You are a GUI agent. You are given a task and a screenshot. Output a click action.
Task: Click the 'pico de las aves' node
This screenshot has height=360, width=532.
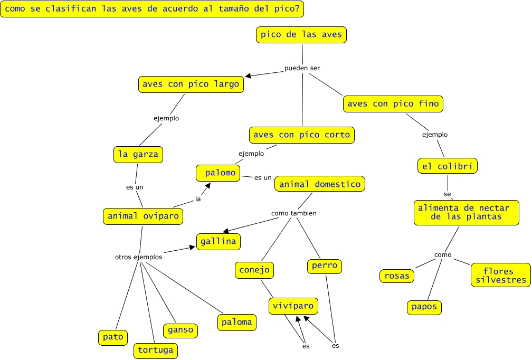(x=301, y=35)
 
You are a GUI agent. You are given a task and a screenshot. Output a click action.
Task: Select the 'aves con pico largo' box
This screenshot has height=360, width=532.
(x=191, y=84)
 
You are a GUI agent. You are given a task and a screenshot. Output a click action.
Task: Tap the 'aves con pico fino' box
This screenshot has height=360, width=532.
(x=393, y=103)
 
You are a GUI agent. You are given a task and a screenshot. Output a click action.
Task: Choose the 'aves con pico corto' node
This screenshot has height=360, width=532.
(x=301, y=135)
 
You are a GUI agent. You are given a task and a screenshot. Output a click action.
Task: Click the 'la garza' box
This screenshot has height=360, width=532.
(x=138, y=154)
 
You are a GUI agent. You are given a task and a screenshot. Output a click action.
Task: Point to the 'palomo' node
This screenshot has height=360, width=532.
(x=218, y=173)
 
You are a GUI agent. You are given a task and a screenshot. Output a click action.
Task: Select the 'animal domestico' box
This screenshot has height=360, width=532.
(x=320, y=184)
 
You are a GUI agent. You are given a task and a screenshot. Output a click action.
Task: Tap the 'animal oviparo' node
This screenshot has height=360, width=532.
(x=144, y=215)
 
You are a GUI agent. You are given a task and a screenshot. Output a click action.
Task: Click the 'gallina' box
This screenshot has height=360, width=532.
(x=218, y=241)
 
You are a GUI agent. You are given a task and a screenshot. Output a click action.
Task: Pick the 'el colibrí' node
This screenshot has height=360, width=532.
(x=447, y=166)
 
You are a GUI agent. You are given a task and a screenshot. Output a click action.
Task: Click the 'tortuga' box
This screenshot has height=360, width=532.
(x=155, y=349)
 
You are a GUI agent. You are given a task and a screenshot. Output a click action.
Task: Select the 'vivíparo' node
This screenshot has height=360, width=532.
(x=293, y=306)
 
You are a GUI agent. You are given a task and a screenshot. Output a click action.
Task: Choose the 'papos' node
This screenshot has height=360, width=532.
(x=424, y=307)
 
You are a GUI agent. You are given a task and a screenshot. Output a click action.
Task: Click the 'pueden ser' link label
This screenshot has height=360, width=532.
(x=302, y=68)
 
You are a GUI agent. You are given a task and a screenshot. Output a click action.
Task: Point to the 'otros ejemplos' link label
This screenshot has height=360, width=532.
(x=139, y=257)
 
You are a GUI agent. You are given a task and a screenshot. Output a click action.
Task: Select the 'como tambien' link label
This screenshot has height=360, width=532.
(x=293, y=213)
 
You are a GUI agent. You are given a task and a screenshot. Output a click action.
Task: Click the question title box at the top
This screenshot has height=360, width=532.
(x=153, y=9)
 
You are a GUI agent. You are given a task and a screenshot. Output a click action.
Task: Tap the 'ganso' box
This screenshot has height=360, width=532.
(x=180, y=330)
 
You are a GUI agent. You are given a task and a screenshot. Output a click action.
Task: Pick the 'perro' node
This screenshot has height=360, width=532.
(x=324, y=266)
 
